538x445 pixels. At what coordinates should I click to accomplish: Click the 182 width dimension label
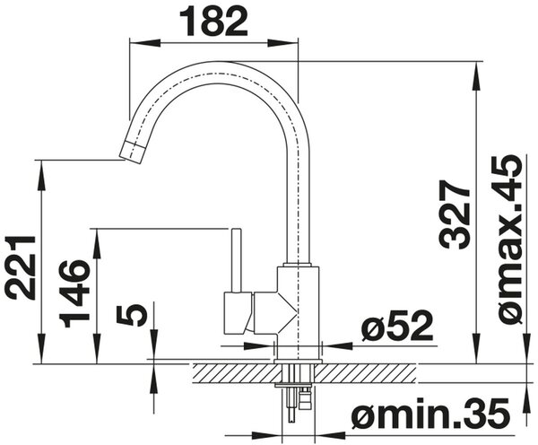pyautogui.click(x=213, y=22)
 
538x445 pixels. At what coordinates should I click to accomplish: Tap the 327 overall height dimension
pyautogui.click(x=455, y=214)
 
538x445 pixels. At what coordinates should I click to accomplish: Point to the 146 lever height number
pyautogui.click(x=74, y=294)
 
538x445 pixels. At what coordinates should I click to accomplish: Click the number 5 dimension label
pyautogui.click(x=132, y=315)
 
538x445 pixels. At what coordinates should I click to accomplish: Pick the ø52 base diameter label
pyautogui.click(x=397, y=326)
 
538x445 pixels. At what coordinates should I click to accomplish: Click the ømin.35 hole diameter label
pyautogui.click(x=430, y=412)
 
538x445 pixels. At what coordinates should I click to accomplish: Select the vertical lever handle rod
pyautogui.click(x=237, y=260)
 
